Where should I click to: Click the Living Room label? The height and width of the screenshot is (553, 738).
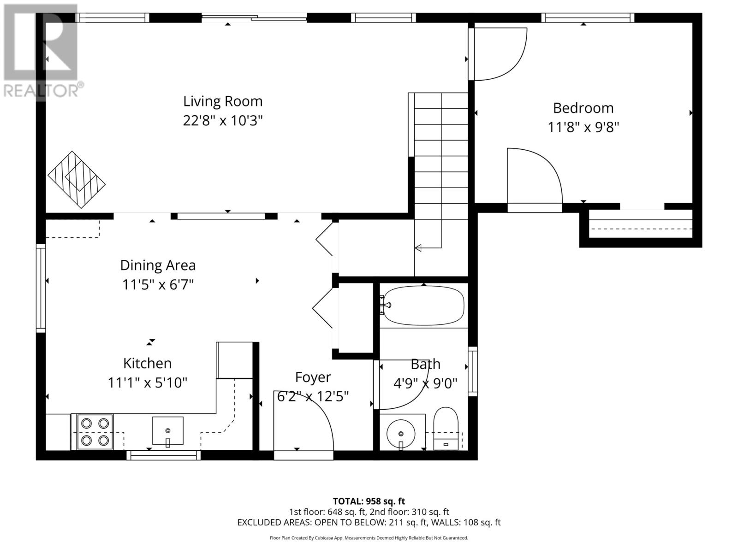223,101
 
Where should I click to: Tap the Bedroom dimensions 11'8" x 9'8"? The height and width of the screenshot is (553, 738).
583,127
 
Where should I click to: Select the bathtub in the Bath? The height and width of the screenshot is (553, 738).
423,306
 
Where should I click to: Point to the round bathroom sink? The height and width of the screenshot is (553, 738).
401,434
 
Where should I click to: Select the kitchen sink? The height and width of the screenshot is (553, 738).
167,431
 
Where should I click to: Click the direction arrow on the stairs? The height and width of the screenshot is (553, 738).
418,248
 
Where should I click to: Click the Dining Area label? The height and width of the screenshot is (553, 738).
158,265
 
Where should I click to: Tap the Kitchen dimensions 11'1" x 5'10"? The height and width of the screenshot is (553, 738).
148,383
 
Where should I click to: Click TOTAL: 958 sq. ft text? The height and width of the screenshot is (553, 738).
369,501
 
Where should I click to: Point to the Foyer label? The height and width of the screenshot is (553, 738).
313,377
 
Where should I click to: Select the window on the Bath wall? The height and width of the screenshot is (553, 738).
473,371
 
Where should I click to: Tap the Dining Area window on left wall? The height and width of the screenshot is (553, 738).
41,288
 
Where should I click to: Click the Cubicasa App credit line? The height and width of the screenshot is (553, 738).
369,538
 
